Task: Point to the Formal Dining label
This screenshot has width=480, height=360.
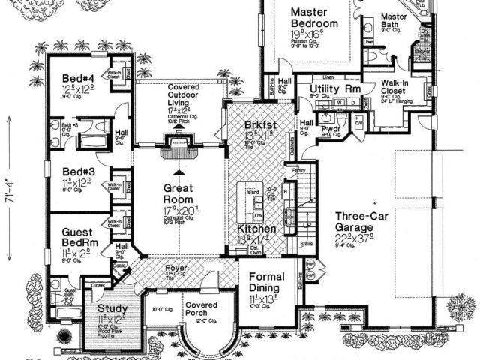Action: point(265,282)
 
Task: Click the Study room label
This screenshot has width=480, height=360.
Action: point(112,308)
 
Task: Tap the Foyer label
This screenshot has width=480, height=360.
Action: point(176,267)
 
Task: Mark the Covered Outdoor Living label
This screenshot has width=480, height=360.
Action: point(178,94)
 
